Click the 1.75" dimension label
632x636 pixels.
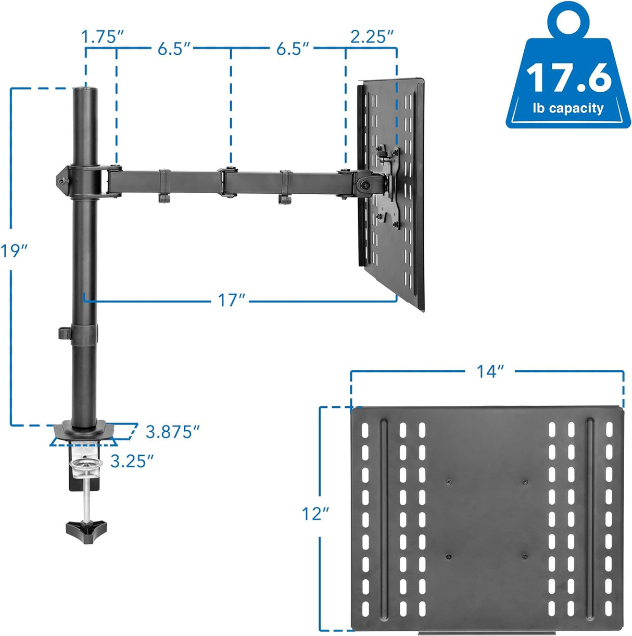(103, 37)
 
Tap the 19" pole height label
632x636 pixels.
(14, 251)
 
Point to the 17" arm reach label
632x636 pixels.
(231, 301)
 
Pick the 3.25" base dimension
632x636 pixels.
(132, 461)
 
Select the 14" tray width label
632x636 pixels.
(490, 371)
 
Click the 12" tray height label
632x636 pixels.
(315, 514)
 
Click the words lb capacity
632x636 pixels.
(568, 108)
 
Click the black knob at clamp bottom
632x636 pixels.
(86, 529)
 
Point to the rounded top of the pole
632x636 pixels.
(85, 91)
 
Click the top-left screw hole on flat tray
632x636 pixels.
(448, 482)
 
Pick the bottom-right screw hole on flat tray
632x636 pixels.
(524, 556)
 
